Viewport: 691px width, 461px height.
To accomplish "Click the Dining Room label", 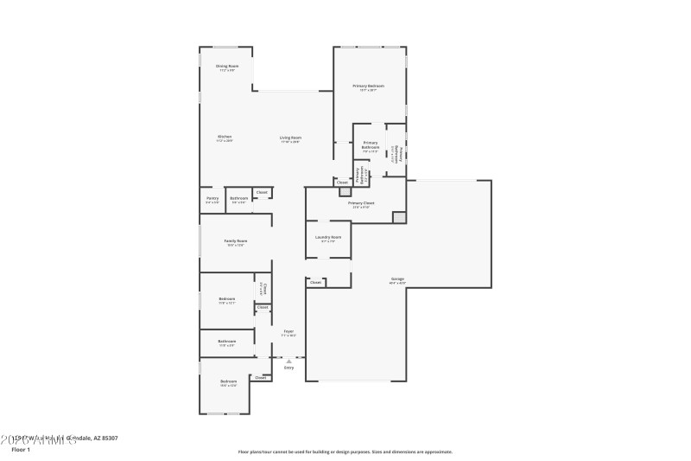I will point(227,66).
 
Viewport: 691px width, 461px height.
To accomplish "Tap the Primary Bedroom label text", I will point(368,86).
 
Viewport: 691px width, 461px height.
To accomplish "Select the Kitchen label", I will point(224,137).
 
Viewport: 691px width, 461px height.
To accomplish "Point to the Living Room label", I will point(290,138).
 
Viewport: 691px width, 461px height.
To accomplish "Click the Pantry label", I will point(212,198).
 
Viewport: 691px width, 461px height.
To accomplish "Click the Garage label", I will point(397,279).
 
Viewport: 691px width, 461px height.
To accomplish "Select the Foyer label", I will point(288,331).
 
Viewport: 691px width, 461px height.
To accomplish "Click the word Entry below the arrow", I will point(288,368).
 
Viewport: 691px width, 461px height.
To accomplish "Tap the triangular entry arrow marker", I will point(288,361).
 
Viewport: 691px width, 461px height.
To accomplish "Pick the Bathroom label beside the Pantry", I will point(238,198).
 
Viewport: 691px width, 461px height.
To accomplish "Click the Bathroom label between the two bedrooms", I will point(227,341).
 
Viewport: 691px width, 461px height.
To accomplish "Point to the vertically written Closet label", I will point(263,289).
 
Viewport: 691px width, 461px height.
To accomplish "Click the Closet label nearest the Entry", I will point(260,377).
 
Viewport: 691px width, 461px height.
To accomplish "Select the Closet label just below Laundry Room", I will point(315,282).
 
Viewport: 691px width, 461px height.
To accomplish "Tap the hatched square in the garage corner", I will point(398,217).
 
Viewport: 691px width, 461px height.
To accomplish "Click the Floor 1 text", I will point(21,450).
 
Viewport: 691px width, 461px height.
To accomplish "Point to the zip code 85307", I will point(107,439).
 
